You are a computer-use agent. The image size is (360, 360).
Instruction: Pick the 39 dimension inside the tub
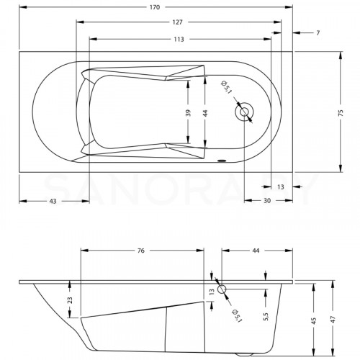click(x=189, y=114)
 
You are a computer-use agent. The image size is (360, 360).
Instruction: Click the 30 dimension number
click(x=266, y=201)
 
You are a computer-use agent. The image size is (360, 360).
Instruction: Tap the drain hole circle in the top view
click(x=243, y=112)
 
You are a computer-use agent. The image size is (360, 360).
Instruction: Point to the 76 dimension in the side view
click(x=141, y=251)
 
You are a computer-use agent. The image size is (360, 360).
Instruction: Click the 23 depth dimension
click(x=71, y=300)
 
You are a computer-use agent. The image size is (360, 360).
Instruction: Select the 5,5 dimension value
click(x=266, y=316)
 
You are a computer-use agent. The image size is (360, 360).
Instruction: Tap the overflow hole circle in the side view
click(x=222, y=289)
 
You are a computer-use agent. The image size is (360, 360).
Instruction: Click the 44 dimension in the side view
click(x=256, y=251)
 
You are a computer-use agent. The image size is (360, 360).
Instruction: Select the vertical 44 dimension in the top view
click(x=205, y=114)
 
